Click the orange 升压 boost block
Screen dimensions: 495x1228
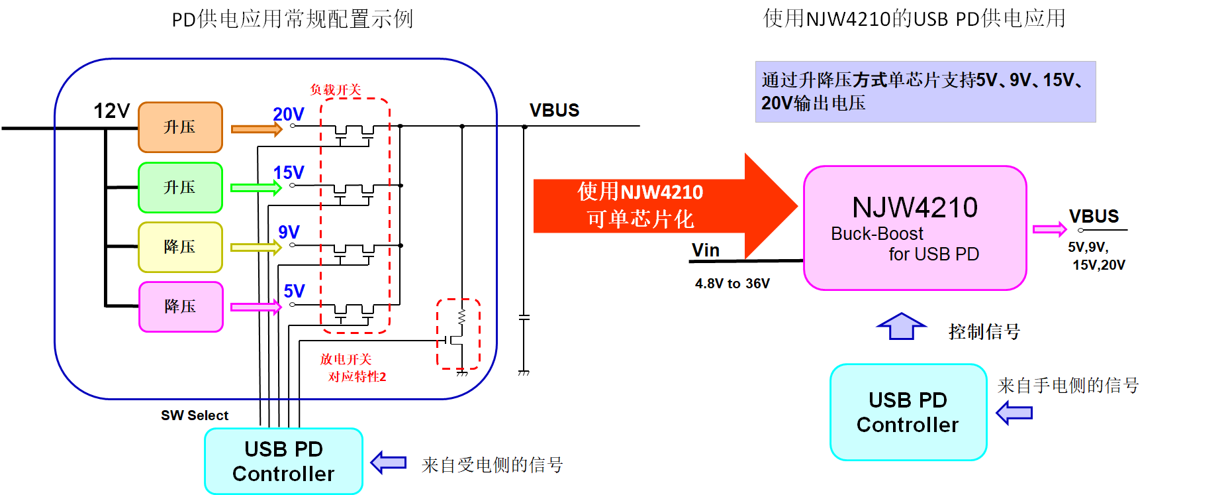(180, 127)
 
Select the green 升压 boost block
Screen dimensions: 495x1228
(180, 188)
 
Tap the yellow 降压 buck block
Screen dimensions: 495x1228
(180, 247)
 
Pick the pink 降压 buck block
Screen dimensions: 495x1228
(181, 307)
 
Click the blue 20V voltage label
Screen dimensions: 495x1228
(289, 114)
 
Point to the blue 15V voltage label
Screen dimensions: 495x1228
(289, 173)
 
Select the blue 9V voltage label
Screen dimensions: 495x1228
(289, 232)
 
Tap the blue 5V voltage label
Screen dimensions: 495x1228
(294, 291)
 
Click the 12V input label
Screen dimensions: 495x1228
(111, 111)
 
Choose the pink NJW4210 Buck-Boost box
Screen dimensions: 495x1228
(915, 228)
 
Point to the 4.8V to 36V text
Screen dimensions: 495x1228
(732, 284)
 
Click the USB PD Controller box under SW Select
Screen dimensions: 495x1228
(283, 461)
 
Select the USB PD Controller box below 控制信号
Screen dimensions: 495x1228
(908, 412)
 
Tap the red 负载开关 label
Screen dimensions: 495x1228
(336, 89)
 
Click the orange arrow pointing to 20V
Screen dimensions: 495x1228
(256, 129)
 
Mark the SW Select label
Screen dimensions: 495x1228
(195, 415)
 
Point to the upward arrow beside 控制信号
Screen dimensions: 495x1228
(901, 326)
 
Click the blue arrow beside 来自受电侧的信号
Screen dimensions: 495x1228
(389, 462)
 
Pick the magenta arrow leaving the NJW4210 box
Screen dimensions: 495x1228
(1049, 229)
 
